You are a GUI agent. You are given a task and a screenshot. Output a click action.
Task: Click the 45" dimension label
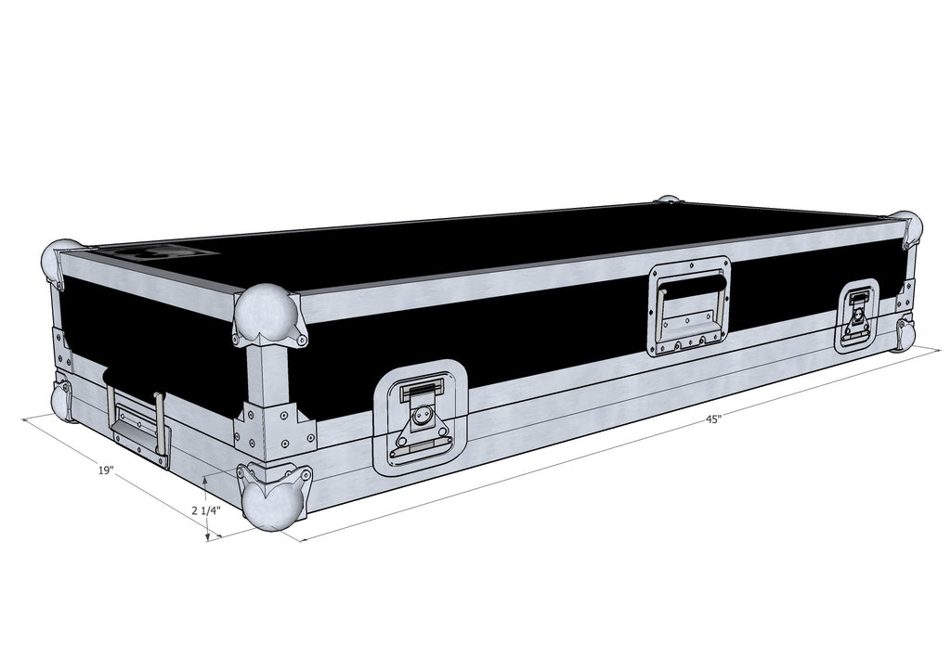[713, 419]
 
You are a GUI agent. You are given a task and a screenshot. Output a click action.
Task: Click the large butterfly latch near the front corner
[421, 418]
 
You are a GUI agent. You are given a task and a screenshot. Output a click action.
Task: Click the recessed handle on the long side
[690, 305]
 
